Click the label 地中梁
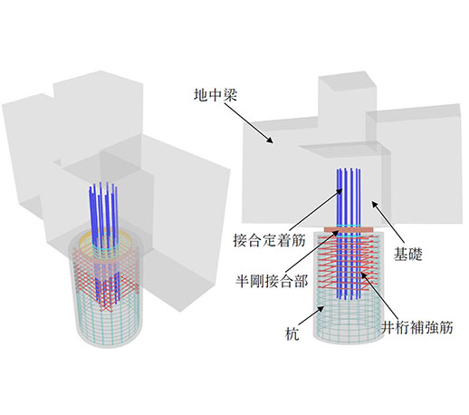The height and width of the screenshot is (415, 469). pyautogui.click(x=215, y=95)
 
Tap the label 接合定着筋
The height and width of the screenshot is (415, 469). pyautogui.click(x=270, y=241)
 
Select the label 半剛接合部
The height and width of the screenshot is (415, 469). pyautogui.click(x=272, y=282)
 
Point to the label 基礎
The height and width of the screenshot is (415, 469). pyautogui.click(x=407, y=254)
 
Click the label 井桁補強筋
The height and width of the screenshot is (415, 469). pyautogui.click(x=417, y=327)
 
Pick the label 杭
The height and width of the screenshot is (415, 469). pyautogui.click(x=292, y=334)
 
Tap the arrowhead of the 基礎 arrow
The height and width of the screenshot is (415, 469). pyautogui.click(x=374, y=205)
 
